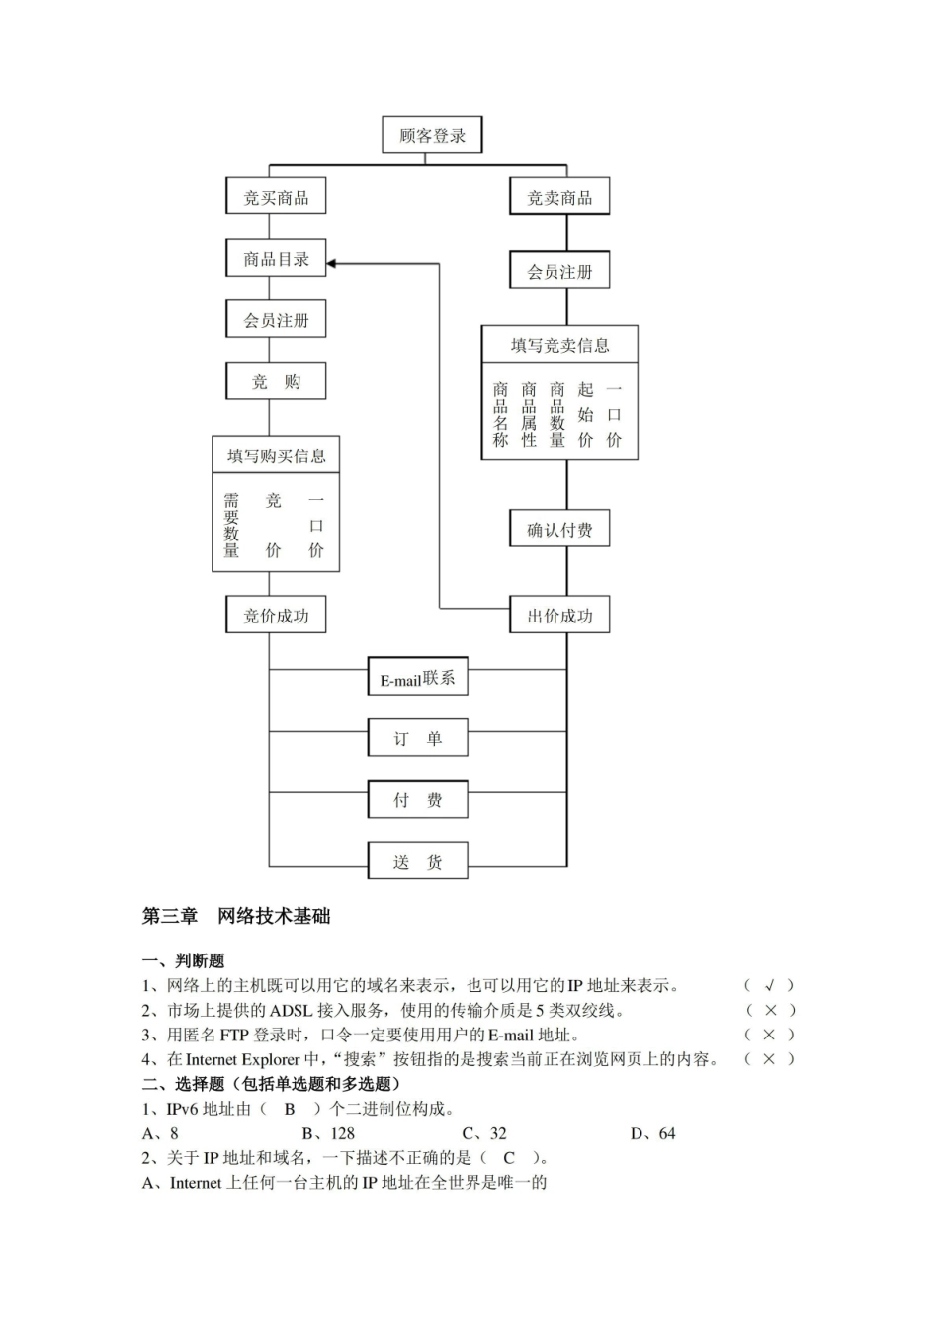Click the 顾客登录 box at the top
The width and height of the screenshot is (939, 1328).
point(432,135)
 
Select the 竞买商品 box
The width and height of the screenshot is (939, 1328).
point(276,197)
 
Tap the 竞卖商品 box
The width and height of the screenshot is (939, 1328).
point(559,197)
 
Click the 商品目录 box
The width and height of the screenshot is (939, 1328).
point(276,259)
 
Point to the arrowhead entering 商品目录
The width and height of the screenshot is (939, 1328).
point(332,263)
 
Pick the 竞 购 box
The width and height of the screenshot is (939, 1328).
point(276,381)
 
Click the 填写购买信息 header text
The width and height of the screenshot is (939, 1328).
point(276,456)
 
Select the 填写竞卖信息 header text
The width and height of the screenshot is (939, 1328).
point(559,345)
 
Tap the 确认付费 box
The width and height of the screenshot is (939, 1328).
point(559,530)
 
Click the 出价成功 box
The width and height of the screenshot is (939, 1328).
point(559,616)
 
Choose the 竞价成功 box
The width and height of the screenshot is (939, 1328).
point(276,616)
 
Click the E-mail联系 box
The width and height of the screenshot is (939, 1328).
point(417,678)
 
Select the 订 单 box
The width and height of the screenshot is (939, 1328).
point(417,738)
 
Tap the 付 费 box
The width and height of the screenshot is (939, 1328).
point(417,799)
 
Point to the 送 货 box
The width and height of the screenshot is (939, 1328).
point(417,861)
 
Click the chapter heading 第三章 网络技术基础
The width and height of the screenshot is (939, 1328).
point(236,916)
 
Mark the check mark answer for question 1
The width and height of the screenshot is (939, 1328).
point(769,985)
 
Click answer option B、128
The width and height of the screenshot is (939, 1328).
point(328,1133)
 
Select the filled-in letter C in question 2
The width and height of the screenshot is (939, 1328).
point(509,1158)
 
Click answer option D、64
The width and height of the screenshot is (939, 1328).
point(652,1133)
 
